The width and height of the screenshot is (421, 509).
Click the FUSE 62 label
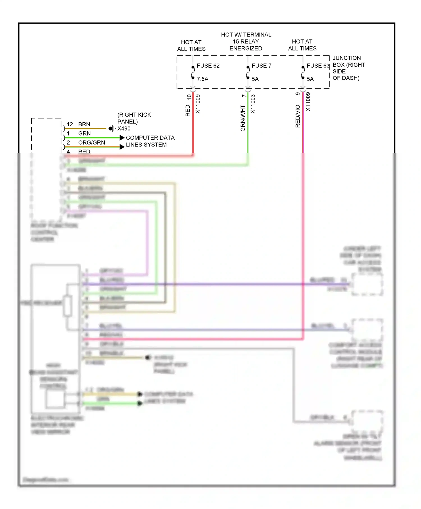click(208, 66)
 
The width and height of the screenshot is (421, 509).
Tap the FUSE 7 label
click(261, 66)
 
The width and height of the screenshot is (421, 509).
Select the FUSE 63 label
click(317, 66)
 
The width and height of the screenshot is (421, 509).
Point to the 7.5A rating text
click(202, 79)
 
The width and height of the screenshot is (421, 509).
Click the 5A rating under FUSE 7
click(255, 79)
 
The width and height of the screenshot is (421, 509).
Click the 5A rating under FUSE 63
click(310, 79)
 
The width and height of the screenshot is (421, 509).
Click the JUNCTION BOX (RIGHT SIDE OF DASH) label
click(348, 68)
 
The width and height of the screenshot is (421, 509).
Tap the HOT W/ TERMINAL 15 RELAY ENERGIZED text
click(246, 42)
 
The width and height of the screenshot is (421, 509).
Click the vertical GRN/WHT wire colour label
click(243, 118)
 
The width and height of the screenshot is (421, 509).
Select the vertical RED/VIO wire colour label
click(298, 116)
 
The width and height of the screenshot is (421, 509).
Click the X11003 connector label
click(253, 104)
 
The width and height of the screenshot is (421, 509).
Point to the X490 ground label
click(124, 129)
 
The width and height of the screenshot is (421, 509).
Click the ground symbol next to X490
click(112, 129)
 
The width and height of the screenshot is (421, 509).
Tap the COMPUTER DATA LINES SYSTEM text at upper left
click(150, 141)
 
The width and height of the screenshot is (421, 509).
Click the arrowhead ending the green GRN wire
click(122, 137)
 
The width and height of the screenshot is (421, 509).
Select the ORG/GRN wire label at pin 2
click(91, 143)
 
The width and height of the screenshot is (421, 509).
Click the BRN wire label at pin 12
click(84, 124)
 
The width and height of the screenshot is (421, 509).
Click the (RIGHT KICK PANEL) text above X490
click(134, 118)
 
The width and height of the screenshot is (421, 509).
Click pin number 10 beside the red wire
click(189, 97)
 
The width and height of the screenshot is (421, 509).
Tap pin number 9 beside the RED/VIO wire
click(298, 94)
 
